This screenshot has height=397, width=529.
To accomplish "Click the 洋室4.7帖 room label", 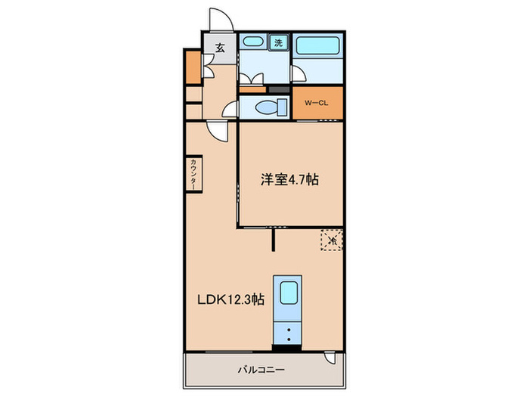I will coord(289,180).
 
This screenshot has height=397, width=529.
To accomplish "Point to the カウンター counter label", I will coord(193,175).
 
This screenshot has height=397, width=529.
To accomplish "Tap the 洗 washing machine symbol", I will coord(279,42).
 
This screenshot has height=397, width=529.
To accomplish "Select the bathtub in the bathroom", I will coord(317,46).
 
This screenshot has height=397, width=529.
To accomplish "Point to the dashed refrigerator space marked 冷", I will coord(331,240).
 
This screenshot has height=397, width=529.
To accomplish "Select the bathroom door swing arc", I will coord(299,73).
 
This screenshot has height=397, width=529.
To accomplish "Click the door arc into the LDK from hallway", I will coord(218,131).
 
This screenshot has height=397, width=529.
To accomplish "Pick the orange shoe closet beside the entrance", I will coord(192,67).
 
